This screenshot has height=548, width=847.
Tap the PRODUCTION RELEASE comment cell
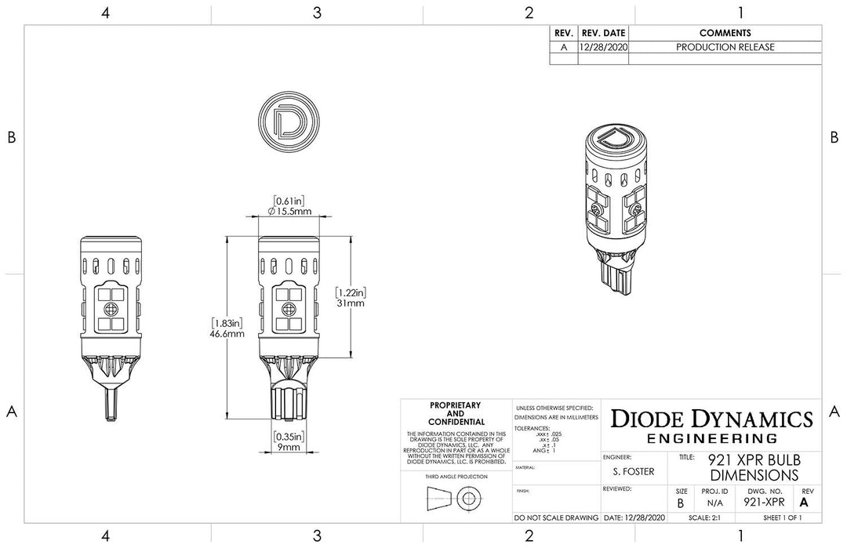point(725,47)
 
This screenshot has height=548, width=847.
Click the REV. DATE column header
point(603,33)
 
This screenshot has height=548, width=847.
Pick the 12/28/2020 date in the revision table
point(603,47)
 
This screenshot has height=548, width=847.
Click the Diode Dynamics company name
point(711,418)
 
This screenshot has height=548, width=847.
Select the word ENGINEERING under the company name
point(711,438)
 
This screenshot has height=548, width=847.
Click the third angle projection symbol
point(455,497)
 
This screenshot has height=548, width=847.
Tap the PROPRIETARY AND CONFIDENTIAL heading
point(456,413)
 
